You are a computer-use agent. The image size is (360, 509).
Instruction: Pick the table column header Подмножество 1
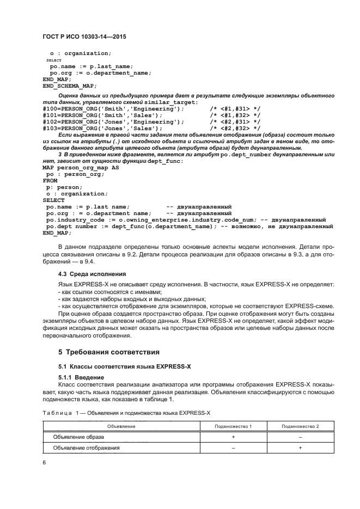tap(233, 426)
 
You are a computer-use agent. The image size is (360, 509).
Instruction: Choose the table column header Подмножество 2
tap(300, 426)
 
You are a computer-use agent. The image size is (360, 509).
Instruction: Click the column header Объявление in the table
tap(121, 426)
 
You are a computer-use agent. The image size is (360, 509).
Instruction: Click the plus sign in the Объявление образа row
tap(233, 437)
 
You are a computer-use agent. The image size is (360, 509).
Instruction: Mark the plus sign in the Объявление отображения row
tap(300, 447)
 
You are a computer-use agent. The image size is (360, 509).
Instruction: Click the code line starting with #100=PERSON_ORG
tap(109, 109)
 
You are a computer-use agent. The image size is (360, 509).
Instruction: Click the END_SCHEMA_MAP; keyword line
tap(69, 85)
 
